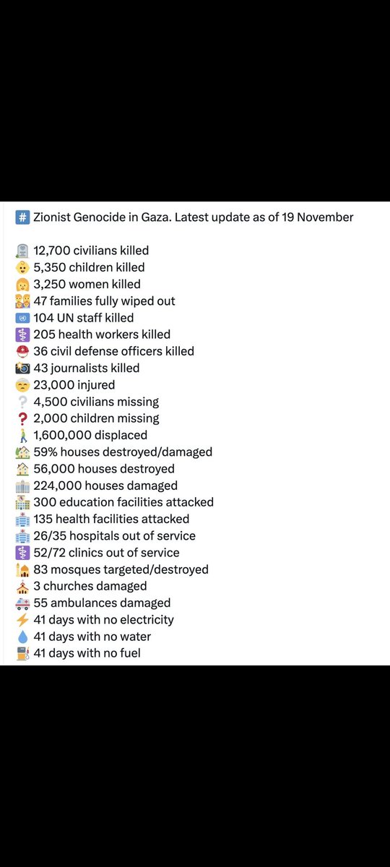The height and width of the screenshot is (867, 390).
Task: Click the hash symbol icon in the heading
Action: (x=22, y=217)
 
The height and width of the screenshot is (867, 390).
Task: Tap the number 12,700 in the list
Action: (x=53, y=251)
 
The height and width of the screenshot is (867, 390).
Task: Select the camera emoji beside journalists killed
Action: (x=22, y=368)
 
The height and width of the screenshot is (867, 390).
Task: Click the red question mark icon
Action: (x=22, y=418)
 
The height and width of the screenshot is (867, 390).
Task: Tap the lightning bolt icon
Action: (x=22, y=620)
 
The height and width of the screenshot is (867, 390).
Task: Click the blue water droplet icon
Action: (x=22, y=637)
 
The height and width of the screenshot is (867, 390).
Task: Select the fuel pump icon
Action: (x=22, y=653)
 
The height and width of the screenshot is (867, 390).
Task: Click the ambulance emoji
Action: (x=22, y=603)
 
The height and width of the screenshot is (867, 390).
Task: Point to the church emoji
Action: (x=22, y=586)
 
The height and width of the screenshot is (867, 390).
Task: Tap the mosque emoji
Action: (x=22, y=569)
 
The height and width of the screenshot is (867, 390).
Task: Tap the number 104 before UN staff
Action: (x=43, y=318)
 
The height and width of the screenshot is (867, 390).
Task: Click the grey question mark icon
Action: (x=22, y=402)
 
